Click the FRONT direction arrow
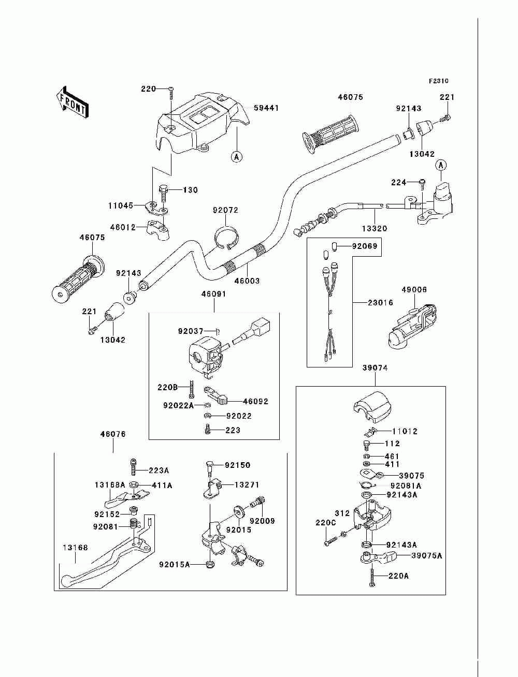point(73,102)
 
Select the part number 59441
point(266,108)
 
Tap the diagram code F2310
point(438,81)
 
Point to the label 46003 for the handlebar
point(247,281)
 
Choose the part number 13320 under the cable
point(375,229)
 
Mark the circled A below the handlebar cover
point(236,157)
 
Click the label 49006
point(414,290)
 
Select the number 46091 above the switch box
point(213,294)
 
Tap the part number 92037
point(191,331)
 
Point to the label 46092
point(255,401)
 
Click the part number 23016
point(380,303)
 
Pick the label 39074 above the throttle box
point(375,367)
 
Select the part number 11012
point(405,431)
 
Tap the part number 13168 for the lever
point(75,548)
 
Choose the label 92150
point(237,465)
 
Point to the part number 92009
point(262,521)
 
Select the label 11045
point(121,205)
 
